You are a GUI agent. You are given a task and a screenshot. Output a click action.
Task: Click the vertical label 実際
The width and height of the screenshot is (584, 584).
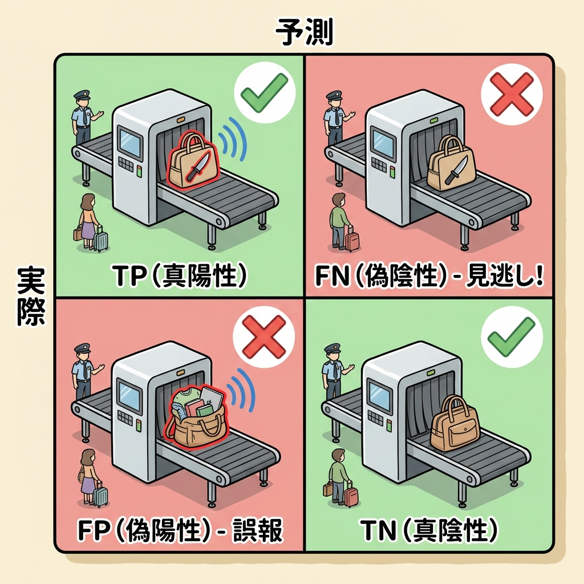(31, 297)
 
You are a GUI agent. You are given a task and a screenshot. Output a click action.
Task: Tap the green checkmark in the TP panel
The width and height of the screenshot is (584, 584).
(264, 93)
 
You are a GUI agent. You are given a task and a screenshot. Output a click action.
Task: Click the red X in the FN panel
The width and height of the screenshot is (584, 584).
(511, 94)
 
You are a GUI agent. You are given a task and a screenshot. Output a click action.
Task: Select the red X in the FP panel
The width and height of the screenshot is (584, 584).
(264, 336)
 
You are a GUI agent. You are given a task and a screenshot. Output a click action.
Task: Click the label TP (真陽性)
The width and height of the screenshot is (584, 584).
(180, 276)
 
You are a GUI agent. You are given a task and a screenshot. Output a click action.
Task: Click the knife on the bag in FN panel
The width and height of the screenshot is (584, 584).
(456, 170)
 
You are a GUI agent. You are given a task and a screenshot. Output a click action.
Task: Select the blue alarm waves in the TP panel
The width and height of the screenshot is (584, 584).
(233, 139)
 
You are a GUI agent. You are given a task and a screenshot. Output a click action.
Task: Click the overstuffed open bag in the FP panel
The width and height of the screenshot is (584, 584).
(197, 416)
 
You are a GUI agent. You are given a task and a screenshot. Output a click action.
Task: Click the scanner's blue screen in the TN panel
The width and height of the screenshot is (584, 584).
(379, 396)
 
